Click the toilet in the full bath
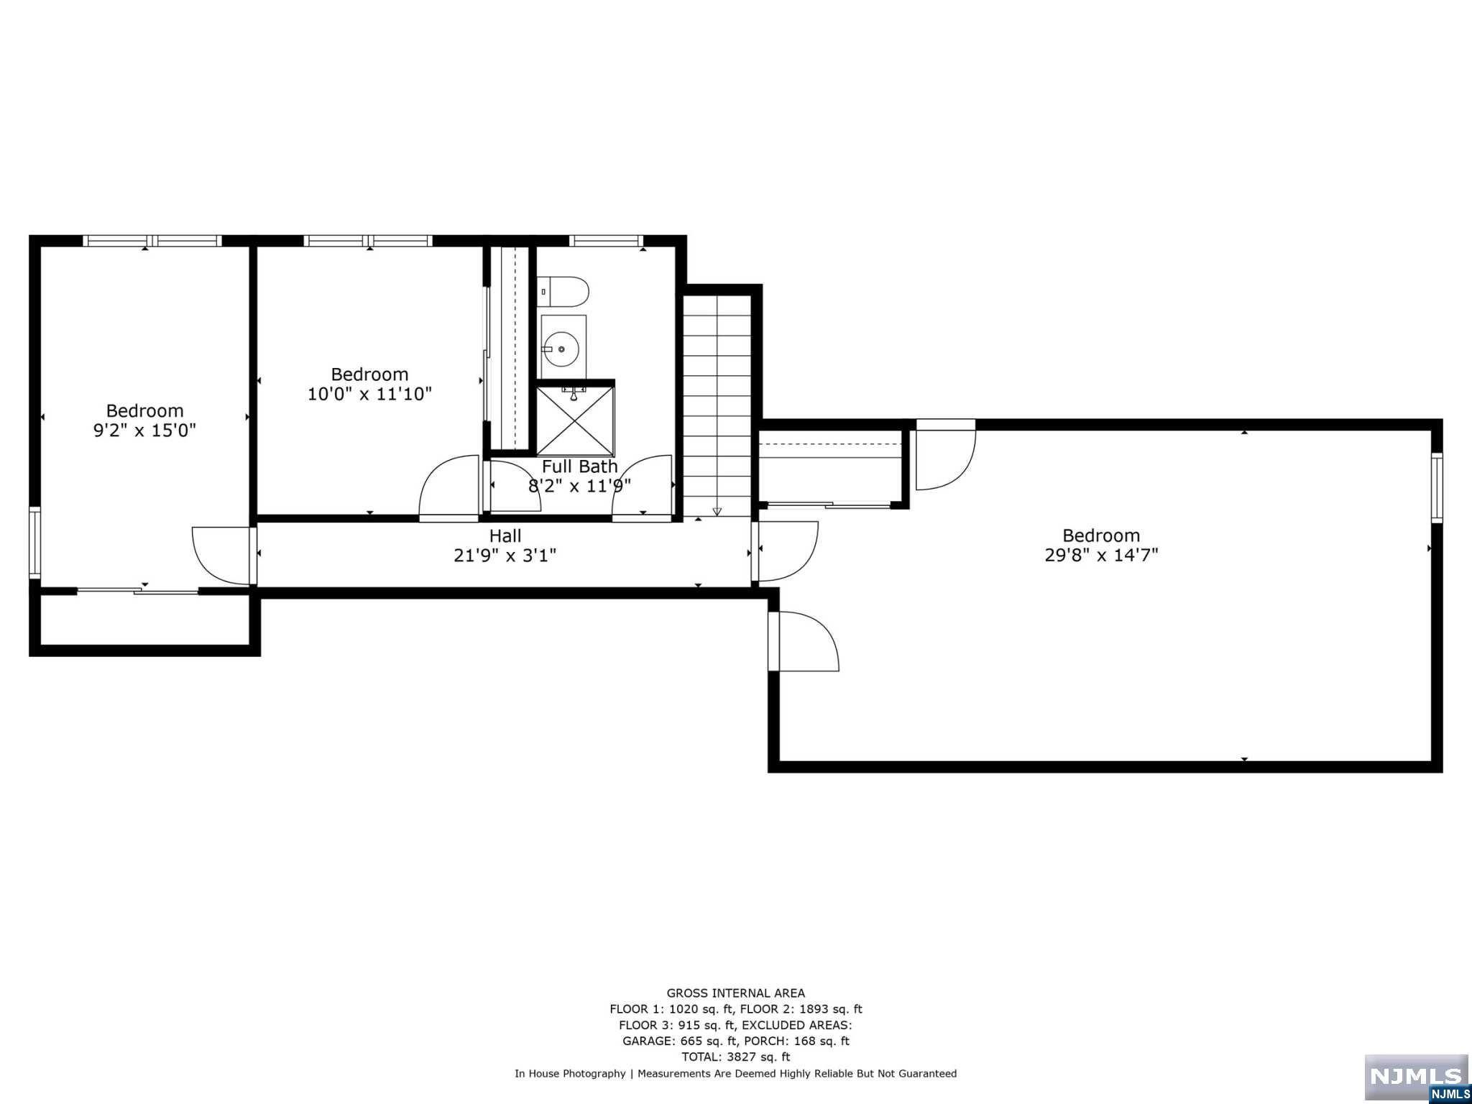563,292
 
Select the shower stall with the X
576,420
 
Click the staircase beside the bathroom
717,405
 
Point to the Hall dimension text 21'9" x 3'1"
505,556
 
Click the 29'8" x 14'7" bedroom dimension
1101,555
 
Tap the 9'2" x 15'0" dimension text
145,431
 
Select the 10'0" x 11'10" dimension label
369,394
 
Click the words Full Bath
579,466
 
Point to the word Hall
505,535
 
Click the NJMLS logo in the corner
1417,1079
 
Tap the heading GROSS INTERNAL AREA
736,993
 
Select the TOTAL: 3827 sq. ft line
736,1057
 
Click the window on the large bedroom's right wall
1437,487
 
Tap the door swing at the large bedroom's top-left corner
946,456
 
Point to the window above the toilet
605,241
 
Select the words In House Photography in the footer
570,1074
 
